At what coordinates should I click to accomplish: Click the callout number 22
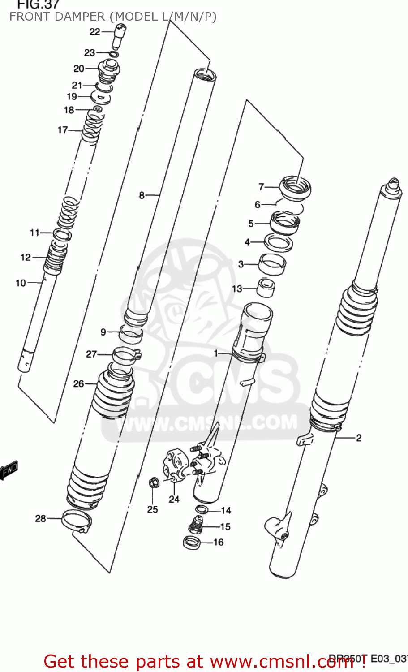click(x=94, y=31)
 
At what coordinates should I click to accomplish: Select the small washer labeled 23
click(x=114, y=54)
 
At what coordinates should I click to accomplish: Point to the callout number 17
click(x=63, y=130)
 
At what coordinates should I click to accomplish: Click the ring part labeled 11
click(x=62, y=234)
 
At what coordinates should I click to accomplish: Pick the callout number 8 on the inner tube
click(x=142, y=195)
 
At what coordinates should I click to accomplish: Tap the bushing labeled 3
click(x=272, y=264)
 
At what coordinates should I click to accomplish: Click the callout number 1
click(x=216, y=353)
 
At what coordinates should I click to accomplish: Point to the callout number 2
click(x=359, y=438)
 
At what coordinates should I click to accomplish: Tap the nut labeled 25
click(x=152, y=483)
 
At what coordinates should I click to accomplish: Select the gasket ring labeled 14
click(x=201, y=509)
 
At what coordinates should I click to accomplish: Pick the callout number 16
click(x=218, y=542)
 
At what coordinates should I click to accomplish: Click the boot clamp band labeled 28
click(x=77, y=520)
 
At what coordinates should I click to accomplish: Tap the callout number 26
click(x=78, y=383)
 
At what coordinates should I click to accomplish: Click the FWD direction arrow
click(x=9, y=470)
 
